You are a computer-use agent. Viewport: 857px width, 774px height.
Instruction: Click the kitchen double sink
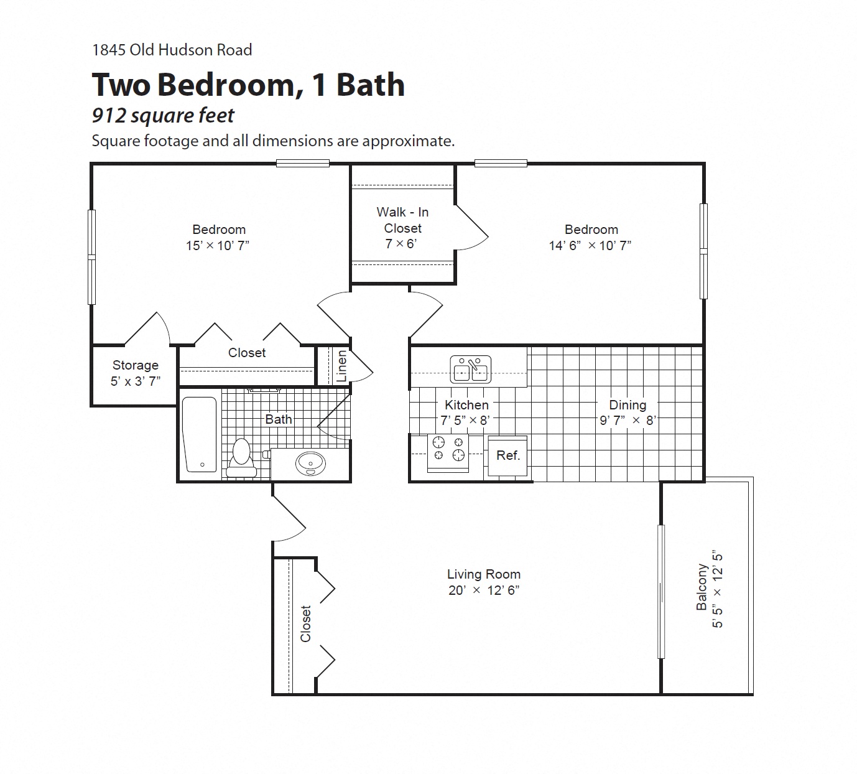pos(471,370)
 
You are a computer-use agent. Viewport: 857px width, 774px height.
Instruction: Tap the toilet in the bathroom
pos(241,459)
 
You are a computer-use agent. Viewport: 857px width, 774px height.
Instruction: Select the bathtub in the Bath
pos(200,434)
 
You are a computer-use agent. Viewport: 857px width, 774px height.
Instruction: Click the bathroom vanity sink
pos(310,464)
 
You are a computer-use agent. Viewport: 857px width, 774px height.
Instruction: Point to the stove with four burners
pos(448,449)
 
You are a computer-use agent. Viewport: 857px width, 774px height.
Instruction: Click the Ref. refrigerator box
pos(507,455)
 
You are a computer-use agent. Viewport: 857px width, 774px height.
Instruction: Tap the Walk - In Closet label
pos(402,220)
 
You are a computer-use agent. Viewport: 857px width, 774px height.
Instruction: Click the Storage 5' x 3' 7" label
pos(136,373)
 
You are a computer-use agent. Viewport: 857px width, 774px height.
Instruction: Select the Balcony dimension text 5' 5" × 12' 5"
pos(718,589)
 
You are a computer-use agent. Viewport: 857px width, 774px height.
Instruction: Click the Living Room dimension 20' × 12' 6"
pos(484,590)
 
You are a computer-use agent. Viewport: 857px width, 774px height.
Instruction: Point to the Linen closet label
pos(341,366)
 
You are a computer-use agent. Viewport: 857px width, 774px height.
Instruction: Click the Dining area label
pos(627,405)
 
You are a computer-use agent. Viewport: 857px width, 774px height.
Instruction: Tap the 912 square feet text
pos(163,116)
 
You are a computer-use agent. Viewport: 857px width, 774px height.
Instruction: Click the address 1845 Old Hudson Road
pos(172,50)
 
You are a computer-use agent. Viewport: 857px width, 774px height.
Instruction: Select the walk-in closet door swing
pos(471,228)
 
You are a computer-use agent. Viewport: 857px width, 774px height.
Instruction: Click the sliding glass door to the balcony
pos(661,591)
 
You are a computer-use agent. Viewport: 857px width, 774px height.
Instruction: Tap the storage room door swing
pos(149,329)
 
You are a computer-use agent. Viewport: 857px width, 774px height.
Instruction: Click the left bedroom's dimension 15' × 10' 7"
pos(217,246)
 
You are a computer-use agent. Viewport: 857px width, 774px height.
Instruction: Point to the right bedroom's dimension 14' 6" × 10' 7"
pos(590,246)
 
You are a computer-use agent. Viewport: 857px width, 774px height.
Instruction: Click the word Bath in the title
pos(371,85)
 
